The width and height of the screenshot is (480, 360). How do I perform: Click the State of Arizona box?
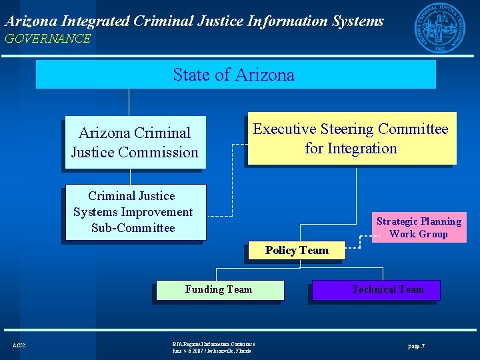[x=235, y=75]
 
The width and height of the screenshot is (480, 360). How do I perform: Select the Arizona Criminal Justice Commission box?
[x=135, y=143]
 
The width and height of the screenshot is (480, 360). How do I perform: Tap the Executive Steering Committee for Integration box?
[x=350, y=139]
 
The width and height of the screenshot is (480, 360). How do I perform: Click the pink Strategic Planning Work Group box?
[x=419, y=227]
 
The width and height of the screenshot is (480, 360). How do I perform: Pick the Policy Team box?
[x=297, y=251]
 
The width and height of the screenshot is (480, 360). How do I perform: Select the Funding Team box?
[x=219, y=289]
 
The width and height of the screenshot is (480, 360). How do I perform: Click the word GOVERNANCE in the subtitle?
[x=47, y=39]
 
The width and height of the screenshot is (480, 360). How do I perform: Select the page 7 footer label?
[x=416, y=346]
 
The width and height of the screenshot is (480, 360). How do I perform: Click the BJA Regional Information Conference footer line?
[x=213, y=344]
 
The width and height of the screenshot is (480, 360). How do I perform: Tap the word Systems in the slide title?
[x=357, y=21]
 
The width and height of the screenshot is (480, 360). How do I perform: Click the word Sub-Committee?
[x=133, y=228]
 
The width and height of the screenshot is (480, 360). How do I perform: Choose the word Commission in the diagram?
[x=158, y=153]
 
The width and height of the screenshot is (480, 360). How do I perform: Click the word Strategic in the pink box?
[x=397, y=221]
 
